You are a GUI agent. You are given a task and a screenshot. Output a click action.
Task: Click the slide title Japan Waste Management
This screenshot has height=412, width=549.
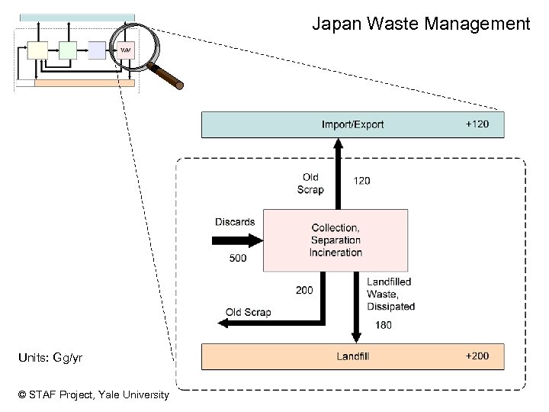pos(421,24)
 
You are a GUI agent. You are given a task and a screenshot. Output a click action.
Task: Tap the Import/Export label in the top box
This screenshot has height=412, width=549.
pos(352,124)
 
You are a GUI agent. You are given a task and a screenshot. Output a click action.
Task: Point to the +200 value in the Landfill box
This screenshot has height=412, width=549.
pos(477,356)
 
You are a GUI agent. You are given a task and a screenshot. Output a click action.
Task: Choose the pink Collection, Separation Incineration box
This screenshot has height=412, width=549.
pos(335,240)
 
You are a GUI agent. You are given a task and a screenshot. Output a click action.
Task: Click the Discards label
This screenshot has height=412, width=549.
pos(235,222)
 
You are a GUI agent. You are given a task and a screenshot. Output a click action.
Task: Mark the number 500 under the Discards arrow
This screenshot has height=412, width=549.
pos(238,258)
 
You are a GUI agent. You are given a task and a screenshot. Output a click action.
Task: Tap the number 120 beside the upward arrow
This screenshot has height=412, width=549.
pos(362,181)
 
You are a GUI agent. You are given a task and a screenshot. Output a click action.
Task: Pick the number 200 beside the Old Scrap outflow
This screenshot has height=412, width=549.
pos(303,290)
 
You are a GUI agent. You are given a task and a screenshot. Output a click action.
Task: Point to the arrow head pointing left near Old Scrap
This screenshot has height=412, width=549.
pos(224,323)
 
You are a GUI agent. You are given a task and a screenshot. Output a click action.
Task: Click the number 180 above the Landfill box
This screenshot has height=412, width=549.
pos(384,326)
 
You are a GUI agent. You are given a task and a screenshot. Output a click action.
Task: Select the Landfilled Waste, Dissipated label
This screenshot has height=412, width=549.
pos(390,294)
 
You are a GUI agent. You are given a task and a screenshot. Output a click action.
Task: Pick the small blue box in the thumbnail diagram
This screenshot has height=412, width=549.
pos(97,50)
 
